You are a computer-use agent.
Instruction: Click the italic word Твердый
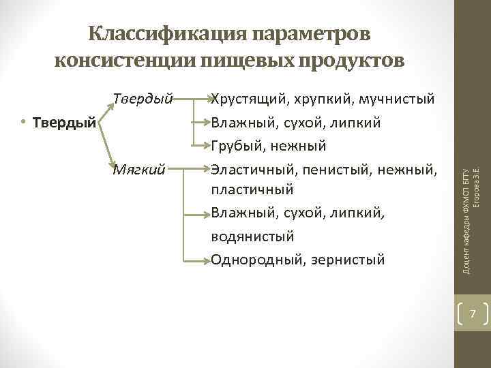tap(143, 99)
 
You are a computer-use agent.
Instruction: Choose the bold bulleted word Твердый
tap(65, 123)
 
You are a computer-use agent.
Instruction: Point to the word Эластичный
tap(249, 168)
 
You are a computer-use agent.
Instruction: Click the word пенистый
tap(331, 168)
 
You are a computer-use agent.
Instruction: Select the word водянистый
tap(252, 236)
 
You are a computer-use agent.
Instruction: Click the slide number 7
tap(472, 314)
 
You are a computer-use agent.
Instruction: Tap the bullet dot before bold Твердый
tap(23, 123)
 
